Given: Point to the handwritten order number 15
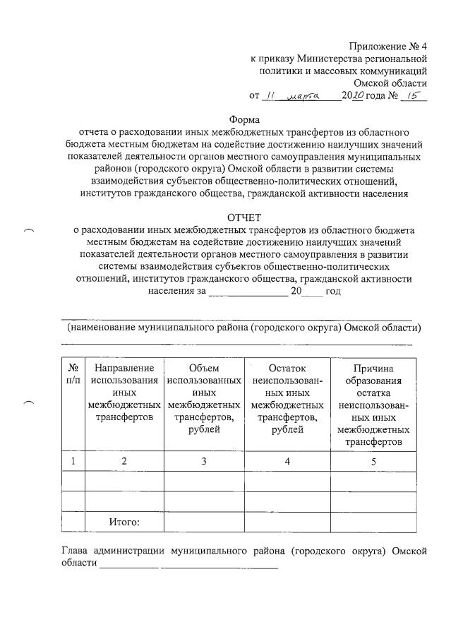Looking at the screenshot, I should click(x=413, y=95).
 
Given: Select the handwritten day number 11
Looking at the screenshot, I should click(x=268, y=95).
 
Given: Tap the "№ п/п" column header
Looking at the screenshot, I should click(x=73, y=375).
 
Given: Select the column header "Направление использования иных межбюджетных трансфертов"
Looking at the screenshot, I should click(x=124, y=393).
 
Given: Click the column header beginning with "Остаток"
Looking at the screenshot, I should click(x=287, y=400).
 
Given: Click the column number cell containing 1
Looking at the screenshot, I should click(x=73, y=462).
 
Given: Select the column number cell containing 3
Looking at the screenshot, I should click(x=204, y=462).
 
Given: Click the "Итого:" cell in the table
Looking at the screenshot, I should click(x=124, y=522).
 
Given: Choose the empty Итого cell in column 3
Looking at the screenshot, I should click(x=204, y=522).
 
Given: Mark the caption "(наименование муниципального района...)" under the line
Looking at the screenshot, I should click(x=243, y=328).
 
